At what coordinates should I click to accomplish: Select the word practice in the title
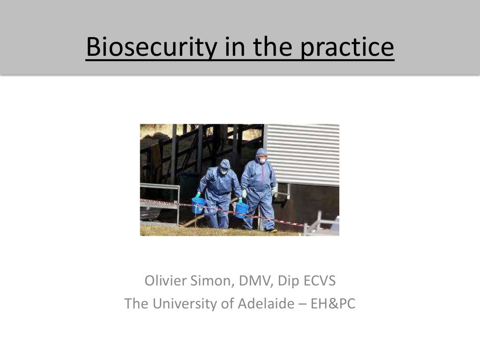[347, 47]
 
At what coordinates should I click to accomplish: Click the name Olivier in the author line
[165, 281]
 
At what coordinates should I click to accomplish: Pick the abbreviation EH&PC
[332, 304]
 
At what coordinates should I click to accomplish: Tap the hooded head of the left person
[225, 166]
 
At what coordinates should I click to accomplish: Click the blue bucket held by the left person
[198, 205]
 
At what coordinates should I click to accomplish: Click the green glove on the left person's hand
[198, 195]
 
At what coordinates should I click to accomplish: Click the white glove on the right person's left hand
[274, 191]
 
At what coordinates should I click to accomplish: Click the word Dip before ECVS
[288, 281]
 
